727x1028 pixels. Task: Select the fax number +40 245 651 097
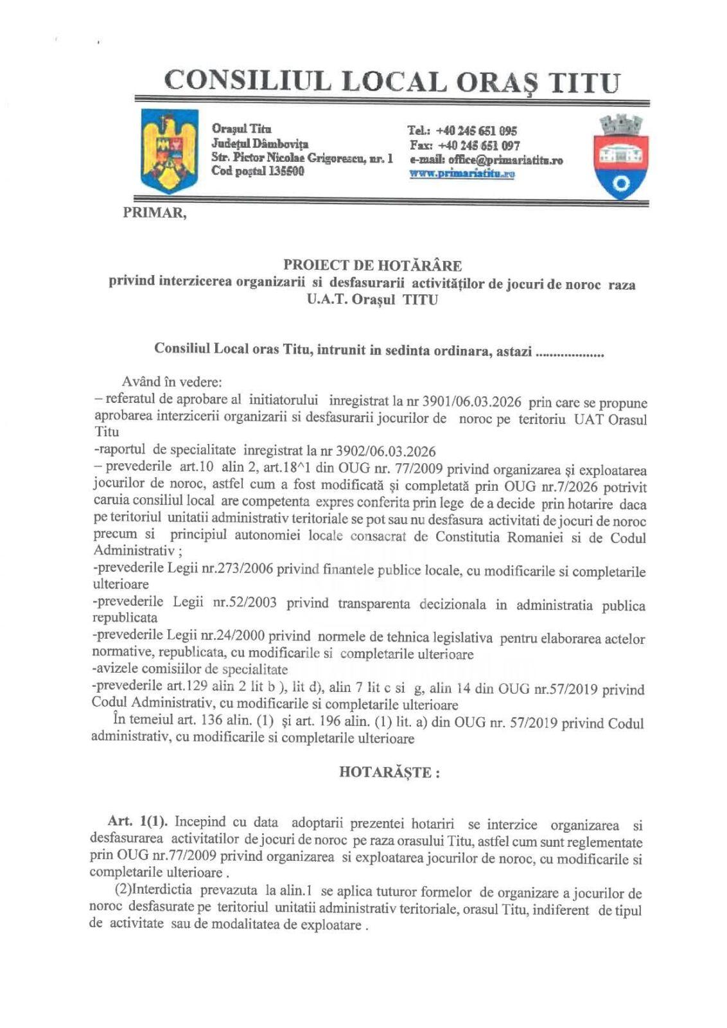(x=477, y=146)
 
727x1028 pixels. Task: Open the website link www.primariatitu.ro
(x=462, y=173)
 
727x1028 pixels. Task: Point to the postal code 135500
(x=281, y=172)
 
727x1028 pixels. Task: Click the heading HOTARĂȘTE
(x=389, y=773)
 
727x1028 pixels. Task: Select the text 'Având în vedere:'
(x=172, y=382)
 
